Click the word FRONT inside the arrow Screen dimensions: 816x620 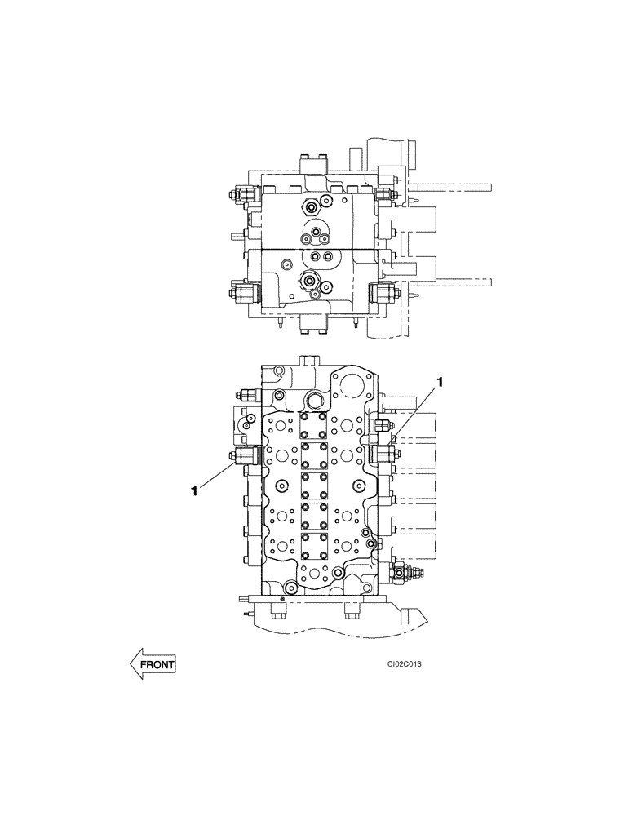pyautogui.click(x=157, y=665)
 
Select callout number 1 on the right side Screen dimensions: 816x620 pyautogui.click(x=441, y=382)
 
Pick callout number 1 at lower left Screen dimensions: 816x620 pyautogui.click(x=194, y=491)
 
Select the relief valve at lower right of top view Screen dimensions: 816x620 pyautogui.click(x=383, y=291)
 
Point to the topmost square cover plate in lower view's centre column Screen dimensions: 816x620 pyautogui.click(x=313, y=425)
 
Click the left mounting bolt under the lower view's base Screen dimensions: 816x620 pyautogui.click(x=277, y=614)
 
